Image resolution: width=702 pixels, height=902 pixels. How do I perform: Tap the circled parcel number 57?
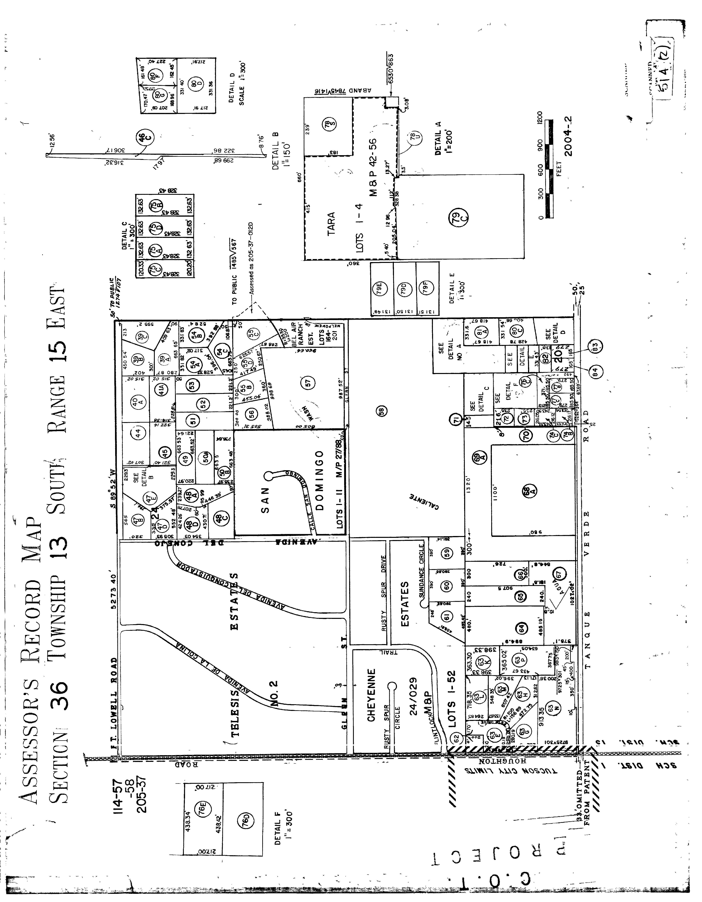pyautogui.click(x=307, y=383)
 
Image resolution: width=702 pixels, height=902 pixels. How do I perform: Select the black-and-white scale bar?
pyautogui.click(x=549, y=169)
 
